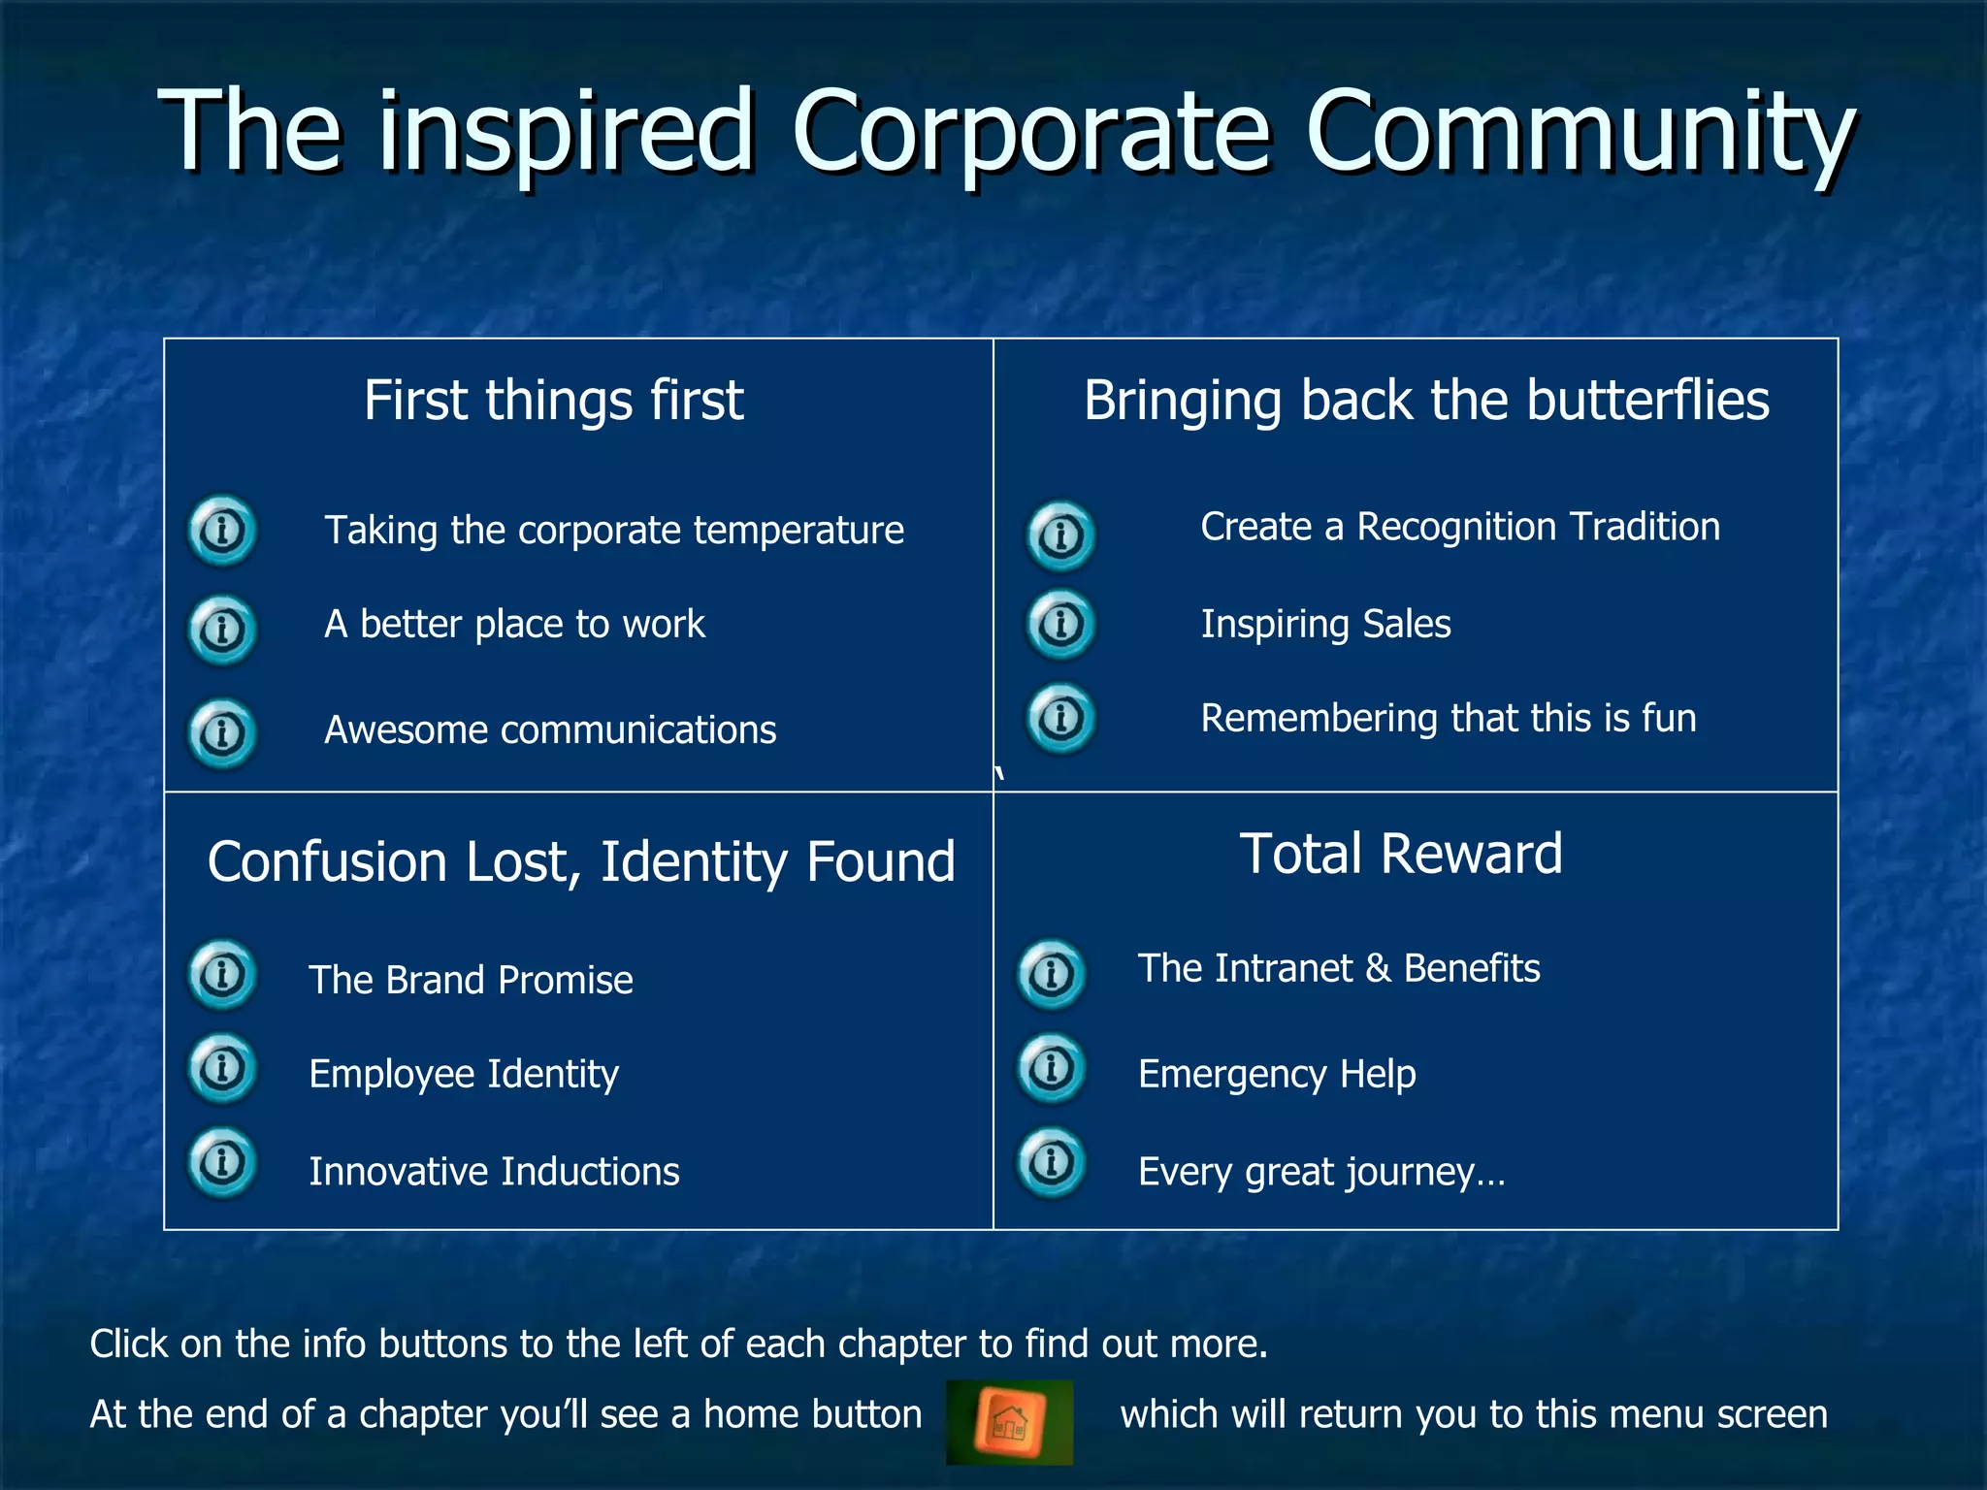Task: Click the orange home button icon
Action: coord(1010,1422)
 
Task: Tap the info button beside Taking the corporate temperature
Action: coord(222,531)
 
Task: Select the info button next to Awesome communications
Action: coord(222,732)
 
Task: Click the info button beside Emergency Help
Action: coord(1051,1069)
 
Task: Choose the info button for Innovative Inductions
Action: coord(222,1161)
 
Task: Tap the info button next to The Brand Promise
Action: coord(222,974)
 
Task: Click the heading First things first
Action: coord(553,401)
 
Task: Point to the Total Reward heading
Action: coord(1401,855)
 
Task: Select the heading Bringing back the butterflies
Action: coord(1426,401)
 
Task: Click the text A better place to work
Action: coord(514,625)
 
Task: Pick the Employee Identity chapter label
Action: coord(464,1075)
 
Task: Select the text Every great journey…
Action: coord(1321,1172)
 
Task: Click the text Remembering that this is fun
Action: coord(1449,719)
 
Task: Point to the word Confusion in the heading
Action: coord(327,862)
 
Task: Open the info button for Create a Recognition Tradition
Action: coord(1060,535)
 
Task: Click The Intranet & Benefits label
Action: coord(1339,969)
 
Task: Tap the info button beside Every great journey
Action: coord(1051,1161)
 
